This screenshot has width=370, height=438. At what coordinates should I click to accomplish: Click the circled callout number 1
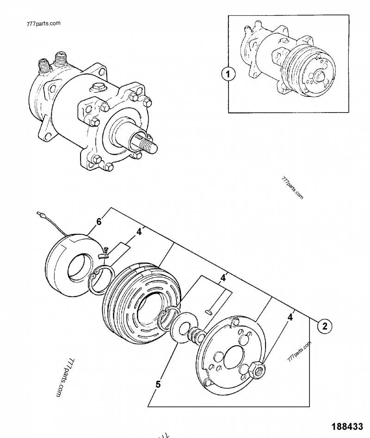228,73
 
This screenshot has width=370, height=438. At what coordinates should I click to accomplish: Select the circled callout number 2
324,326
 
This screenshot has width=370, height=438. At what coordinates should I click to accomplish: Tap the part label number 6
99,222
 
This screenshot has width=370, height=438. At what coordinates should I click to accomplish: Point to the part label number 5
158,383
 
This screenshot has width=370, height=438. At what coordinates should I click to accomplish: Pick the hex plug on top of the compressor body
99,86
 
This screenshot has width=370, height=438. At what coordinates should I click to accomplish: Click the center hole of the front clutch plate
228,356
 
